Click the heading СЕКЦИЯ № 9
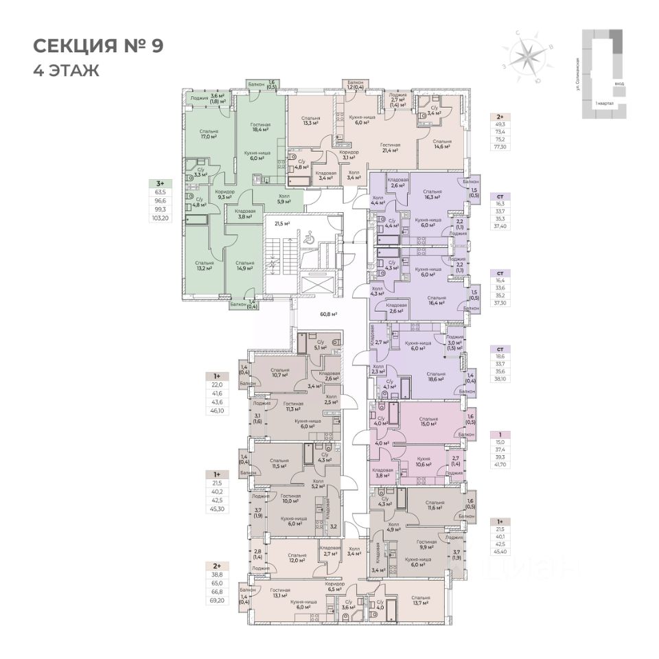pos(98,47)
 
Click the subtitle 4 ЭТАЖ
pos(66,69)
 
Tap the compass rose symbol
pos(529,55)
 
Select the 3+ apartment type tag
pos(160,183)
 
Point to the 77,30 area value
pos(500,146)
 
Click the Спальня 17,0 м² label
pos(209,134)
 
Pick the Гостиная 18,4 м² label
pos(259,127)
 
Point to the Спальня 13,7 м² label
pos(421,601)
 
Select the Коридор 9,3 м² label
pos(224,195)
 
